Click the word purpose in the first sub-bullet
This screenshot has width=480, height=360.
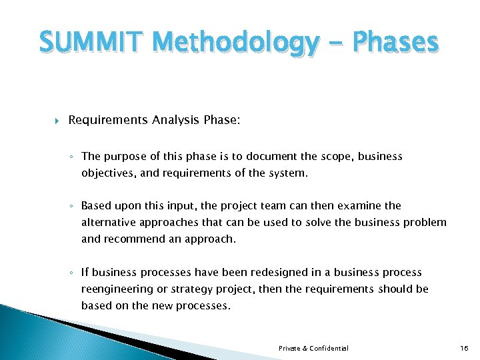pos(128,157)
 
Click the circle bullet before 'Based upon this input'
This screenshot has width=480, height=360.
pos(71,207)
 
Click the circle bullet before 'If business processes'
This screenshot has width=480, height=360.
pos(71,273)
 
